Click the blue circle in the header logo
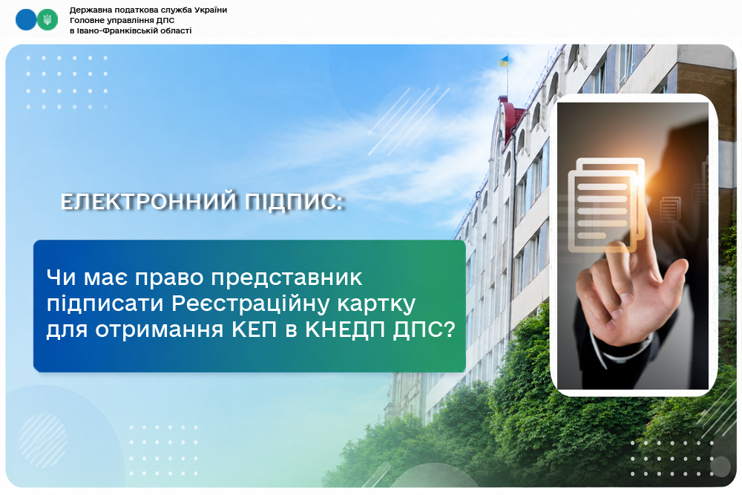[26, 20]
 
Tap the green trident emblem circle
[47, 20]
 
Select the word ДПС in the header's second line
[165, 20]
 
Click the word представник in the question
[286, 278]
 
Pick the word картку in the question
[376, 304]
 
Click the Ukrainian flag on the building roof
[504, 61]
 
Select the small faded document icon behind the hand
[670, 209]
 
